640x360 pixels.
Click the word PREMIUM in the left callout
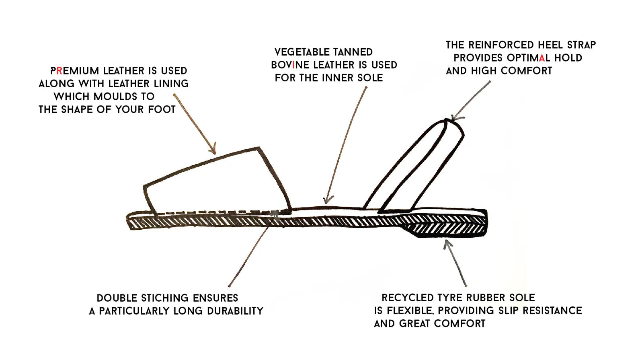pos(74,71)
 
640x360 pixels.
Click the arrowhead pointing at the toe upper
pos(213,151)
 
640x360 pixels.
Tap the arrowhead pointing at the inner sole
pos(328,200)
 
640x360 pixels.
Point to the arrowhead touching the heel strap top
pos(455,118)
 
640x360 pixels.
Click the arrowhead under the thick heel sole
pos(447,243)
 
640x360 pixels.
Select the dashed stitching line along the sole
pos(209,212)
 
